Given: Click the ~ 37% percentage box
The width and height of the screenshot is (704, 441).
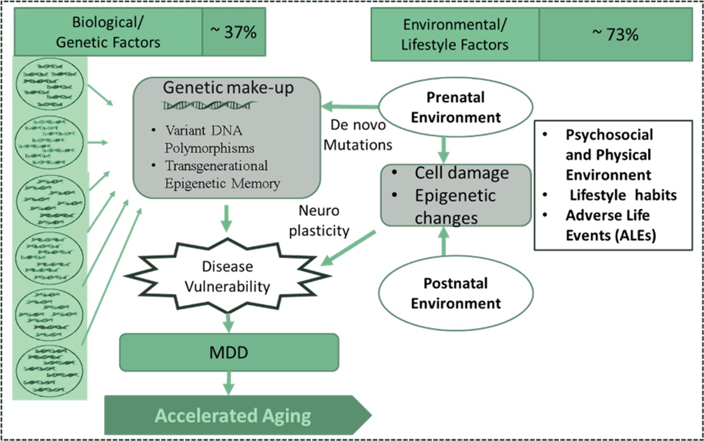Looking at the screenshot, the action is click(234, 32).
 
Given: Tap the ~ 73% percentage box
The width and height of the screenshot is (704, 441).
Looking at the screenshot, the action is click(616, 35).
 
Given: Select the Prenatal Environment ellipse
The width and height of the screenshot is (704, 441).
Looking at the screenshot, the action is click(455, 107).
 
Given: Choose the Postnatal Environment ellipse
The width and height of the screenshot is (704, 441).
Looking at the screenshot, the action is click(455, 293).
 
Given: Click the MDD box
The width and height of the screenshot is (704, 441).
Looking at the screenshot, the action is click(229, 352).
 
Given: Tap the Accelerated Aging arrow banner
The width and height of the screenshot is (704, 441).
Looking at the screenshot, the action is click(238, 415).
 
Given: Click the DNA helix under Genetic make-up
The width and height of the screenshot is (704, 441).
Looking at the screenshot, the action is click(209, 105).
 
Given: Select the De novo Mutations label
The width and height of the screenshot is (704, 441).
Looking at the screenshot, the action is click(358, 135).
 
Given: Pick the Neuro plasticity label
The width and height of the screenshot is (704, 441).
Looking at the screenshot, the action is click(319, 220).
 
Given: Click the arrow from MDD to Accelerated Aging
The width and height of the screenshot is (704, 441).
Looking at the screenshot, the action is click(228, 383).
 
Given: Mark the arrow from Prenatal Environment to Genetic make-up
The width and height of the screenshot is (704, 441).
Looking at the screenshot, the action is click(350, 107).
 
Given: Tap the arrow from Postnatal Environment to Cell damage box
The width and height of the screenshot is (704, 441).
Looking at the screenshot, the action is click(443, 241).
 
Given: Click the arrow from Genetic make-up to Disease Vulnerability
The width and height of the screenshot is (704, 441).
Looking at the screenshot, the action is click(227, 219).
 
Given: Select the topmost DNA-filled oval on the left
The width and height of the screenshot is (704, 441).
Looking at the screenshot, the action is click(50, 84).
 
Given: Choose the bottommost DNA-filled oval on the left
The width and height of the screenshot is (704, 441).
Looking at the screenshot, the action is click(49, 371).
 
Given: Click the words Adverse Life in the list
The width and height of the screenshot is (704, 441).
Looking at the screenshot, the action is click(607, 215).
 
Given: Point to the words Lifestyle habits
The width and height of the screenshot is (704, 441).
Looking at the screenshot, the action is click(623, 195).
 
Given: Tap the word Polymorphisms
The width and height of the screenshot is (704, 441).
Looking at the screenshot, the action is click(210, 148).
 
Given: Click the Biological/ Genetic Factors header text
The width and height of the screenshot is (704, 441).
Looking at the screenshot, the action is click(108, 32).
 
